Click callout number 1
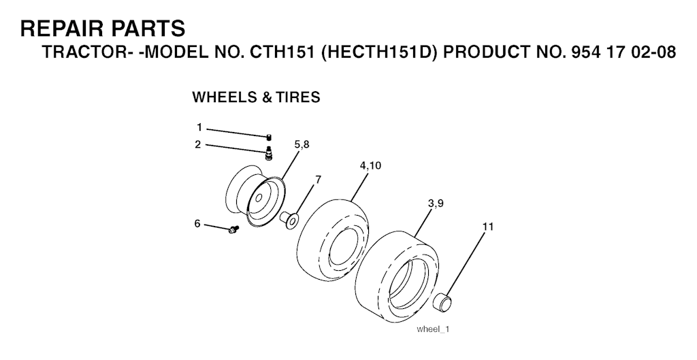click(x=199, y=127)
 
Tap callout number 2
click(x=197, y=144)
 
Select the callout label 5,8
click(x=302, y=144)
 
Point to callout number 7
click(x=317, y=179)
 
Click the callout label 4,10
click(x=370, y=165)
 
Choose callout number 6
click(x=197, y=223)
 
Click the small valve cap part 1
click(x=269, y=138)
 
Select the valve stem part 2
click(x=268, y=154)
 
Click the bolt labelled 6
click(x=234, y=231)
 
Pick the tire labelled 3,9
click(x=395, y=272)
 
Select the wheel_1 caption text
click(x=434, y=329)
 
